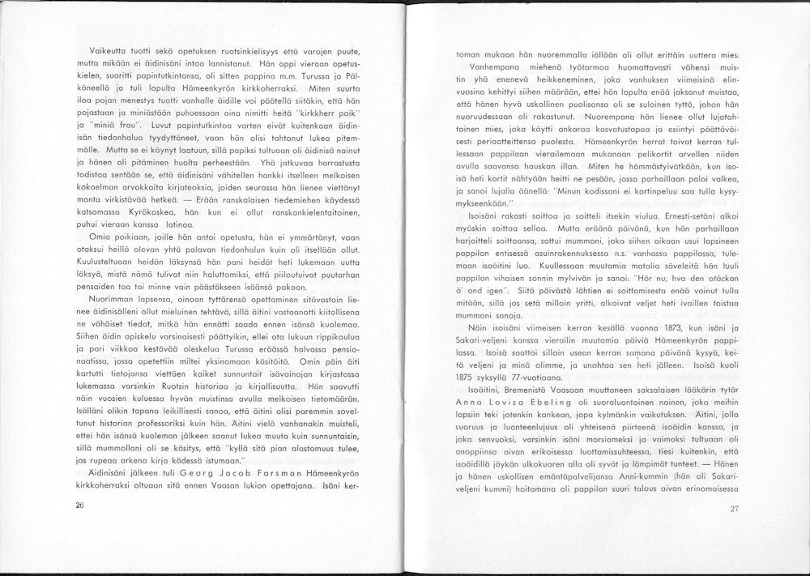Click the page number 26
point(79,503)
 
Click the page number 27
point(735,509)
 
